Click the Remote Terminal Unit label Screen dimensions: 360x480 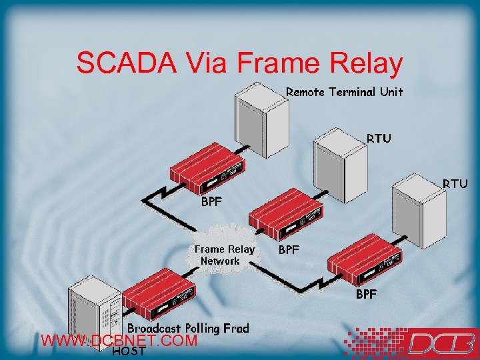tap(344, 92)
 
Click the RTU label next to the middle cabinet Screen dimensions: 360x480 tap(379, 139)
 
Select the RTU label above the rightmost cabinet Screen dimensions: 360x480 tap(455, 183)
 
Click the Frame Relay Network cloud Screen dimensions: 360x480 tap(224, 254)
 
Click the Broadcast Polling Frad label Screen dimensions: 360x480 tap(188, 328)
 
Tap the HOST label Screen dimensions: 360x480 tap(129, 351)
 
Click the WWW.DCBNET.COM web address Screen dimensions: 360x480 tap(119, 341)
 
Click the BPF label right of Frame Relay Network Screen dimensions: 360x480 tap(289, 250)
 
